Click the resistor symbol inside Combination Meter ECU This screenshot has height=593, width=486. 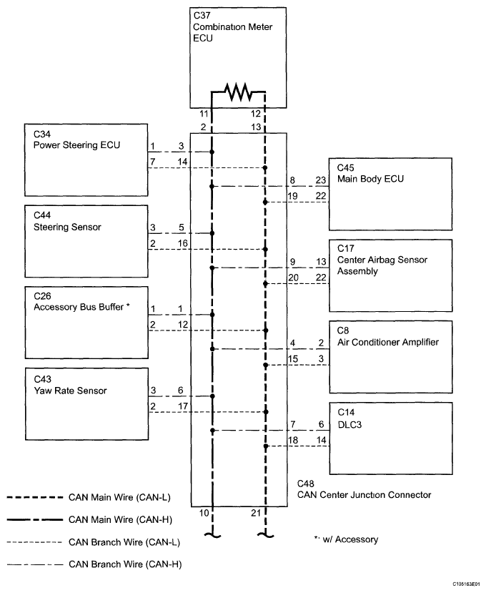[x=239, y=92]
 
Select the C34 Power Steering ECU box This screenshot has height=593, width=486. [x=86, y=160]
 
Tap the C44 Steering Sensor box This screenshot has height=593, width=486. [x=86, y=241]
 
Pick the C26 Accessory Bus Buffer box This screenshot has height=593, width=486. [x=86, y=323]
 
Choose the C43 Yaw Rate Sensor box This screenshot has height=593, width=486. [x=87, y=404]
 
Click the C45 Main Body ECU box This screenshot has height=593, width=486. [x=390, y=194]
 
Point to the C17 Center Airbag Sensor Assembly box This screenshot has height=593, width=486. [x=391, y=275]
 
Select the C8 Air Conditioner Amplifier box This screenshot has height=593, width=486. [x=391, y=358]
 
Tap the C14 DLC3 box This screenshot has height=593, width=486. [x=391, y=438]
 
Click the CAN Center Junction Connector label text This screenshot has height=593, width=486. [x=364, y=495]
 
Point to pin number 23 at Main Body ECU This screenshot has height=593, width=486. [x=321, y=180]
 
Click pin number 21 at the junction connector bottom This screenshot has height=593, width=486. [x=256, y=513]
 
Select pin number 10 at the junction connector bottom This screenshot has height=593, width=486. [x=204, y=513]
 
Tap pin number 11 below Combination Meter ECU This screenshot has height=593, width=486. [x=204, y=114]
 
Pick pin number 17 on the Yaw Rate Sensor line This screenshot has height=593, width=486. [x=183, y=406]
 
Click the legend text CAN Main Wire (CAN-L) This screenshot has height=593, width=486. [x=119, y=497]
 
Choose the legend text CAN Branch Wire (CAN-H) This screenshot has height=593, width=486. [x=125, y=564]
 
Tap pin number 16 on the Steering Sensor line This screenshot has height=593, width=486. [x=183, y=243]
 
